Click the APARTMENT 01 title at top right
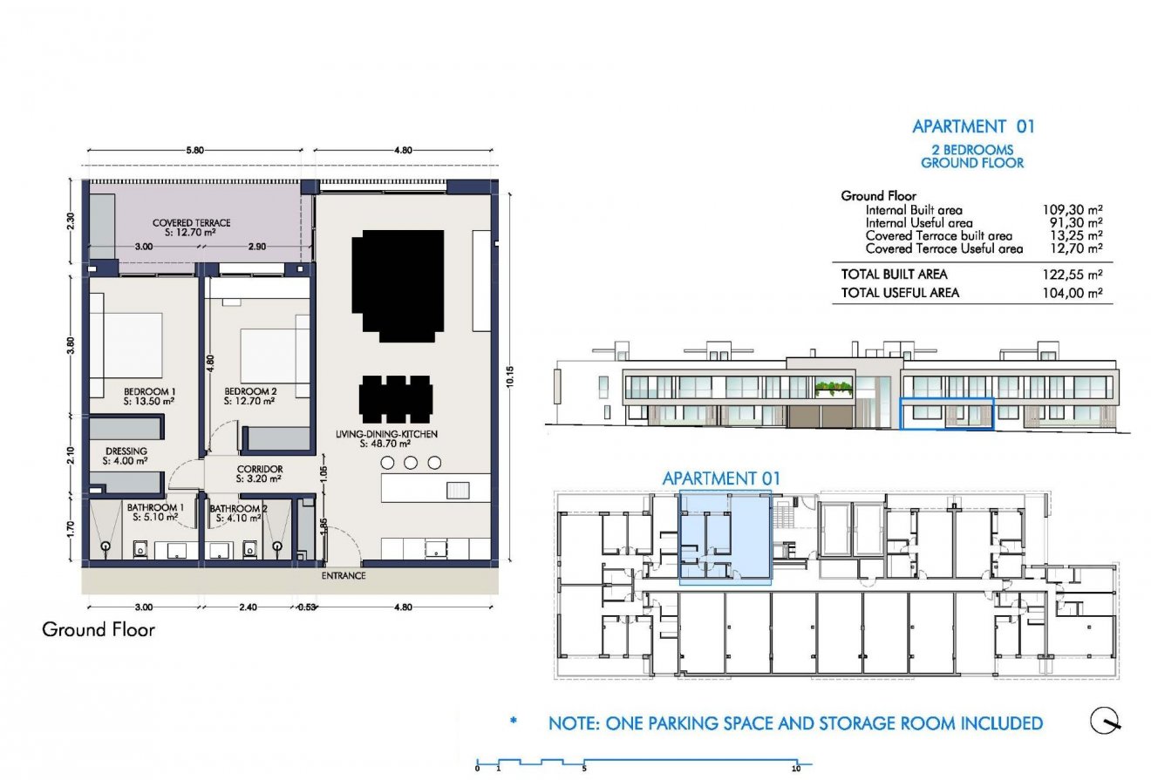[x=972, y=126]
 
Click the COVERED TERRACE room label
[x=184, y=223]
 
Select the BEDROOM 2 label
[x=249, y=391]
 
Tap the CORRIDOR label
[x=259, y=470]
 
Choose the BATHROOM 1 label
[x=155, y=507]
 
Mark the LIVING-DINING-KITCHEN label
[x=385, y=433]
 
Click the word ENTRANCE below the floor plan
[x=343, y=576]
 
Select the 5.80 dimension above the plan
[x=194, y=151]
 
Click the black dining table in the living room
[x=395, y=397]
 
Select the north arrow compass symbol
[x=1106, y=721]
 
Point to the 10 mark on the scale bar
[x=795, y=769]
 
